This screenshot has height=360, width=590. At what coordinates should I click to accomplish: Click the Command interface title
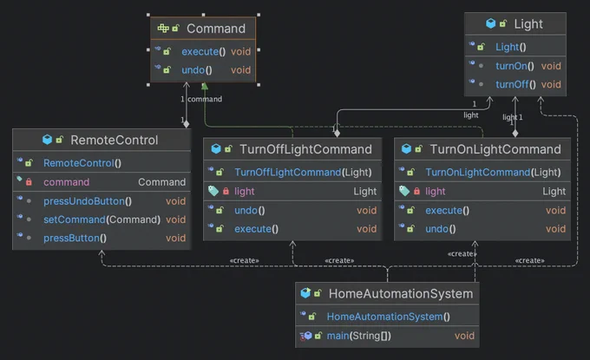click(x=216, y=29)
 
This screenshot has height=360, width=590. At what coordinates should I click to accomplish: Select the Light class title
click(x=528, y=24)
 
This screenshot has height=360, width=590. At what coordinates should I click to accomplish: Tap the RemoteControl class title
click(x=115, y=140)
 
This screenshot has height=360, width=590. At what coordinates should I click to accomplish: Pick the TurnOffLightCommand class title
click(x=305, y=149)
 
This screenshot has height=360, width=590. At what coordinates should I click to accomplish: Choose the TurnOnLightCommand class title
click(x=495, y=149)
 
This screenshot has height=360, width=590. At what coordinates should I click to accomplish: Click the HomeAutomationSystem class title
click(x=401, y=294)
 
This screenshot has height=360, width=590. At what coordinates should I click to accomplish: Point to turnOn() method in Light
click(x=515, y=66)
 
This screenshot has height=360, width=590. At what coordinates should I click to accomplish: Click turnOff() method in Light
click(x=515, y=84)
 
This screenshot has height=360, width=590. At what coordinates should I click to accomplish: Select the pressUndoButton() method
click(x=88, y=201)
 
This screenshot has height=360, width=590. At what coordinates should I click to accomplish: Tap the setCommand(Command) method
click(x=102, y=219)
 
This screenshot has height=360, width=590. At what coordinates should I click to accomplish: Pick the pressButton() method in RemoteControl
click(x=75, y=238)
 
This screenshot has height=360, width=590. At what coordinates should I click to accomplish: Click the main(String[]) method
click(x=359, y=336)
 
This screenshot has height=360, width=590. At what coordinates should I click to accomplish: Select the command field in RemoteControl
click(x=66, y=182)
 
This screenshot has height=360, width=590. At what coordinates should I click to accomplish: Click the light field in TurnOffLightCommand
click(x=244, y=192)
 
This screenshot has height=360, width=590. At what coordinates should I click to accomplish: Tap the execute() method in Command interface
click(x=204, y=51)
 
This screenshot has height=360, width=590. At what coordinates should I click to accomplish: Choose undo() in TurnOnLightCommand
click(x=441, y=229)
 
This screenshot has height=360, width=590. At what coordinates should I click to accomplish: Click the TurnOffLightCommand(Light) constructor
click(x=303, y=173)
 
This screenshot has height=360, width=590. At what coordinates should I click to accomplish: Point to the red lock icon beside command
click(x=29, y=182)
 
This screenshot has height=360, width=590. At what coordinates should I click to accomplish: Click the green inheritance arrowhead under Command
click(x=205, y=86)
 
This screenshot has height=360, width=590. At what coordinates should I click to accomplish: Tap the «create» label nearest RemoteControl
click(x=244, y=260)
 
